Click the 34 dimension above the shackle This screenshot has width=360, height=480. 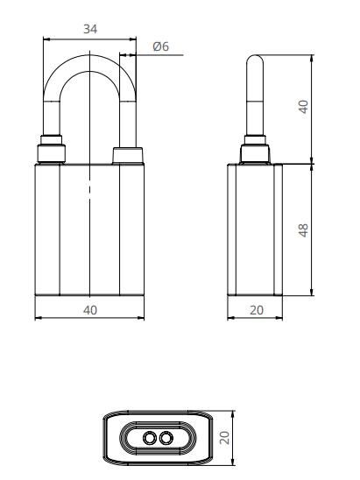[x=90, y=29]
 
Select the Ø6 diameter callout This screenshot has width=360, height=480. [x=160, y=46]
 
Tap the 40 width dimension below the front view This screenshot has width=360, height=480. [x=90, y=309]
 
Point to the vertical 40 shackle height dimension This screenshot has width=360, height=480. [x=304, y=107]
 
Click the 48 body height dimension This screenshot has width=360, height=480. [x=304, y=229]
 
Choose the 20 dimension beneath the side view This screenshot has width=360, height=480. [x=255, y=309]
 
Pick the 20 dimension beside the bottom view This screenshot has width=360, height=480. [x=225, y=437]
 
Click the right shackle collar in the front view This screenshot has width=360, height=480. [x=130, y=156]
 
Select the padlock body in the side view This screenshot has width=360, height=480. [x=255, y=229]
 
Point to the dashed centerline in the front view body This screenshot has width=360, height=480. [x=90, y=188]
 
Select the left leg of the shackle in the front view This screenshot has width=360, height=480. [x=49, y=105]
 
